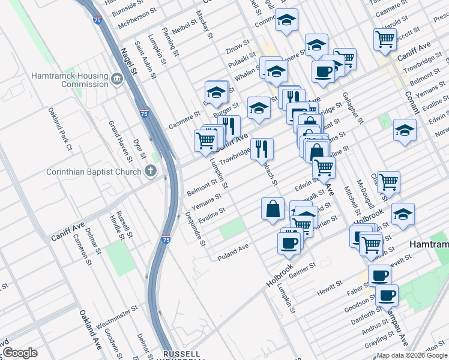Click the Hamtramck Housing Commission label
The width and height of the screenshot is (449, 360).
70,80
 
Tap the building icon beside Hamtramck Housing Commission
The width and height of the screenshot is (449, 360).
116,79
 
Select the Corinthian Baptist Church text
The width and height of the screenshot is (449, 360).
94,172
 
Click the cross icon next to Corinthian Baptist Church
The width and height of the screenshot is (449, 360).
150,172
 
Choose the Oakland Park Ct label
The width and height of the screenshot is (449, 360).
60,128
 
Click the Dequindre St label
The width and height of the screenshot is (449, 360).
194,229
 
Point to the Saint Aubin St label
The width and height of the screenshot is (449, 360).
145,60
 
